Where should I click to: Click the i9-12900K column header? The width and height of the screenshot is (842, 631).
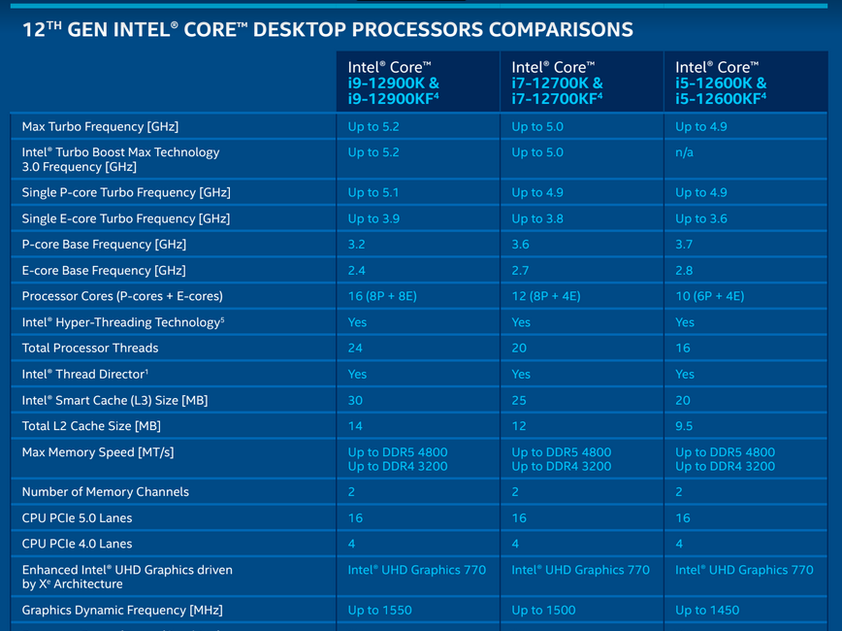pos(394,83)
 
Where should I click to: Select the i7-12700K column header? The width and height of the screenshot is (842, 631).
pos(558,83)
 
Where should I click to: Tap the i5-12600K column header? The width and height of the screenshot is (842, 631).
pos(721,83)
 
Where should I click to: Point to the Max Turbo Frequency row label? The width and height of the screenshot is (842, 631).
pos(100,127)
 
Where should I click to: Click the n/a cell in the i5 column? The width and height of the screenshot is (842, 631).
pos(684,152)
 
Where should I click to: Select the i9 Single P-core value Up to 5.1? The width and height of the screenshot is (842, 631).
pos(373,192)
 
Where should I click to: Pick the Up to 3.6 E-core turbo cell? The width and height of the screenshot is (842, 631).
pos(701,218)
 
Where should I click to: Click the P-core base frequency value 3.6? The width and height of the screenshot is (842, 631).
pos(520,245)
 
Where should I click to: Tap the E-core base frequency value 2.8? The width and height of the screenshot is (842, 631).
pos(684,270)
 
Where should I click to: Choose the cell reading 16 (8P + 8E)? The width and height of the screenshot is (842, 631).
pos(382,296)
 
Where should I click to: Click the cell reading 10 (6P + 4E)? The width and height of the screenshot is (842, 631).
pos(710,296)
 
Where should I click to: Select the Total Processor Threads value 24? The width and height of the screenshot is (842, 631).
pos(355,349)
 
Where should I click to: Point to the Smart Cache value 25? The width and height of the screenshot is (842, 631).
pos(519,400)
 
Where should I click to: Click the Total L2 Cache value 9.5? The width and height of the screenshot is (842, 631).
pos(684,426)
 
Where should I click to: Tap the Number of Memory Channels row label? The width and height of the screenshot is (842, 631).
pos(105,492)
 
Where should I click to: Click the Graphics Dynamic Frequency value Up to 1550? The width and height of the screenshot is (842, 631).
pos(379,611)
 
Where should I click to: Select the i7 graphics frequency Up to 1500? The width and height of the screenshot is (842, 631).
pos(543,611)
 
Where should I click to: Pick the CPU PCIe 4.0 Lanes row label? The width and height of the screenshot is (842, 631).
pos(77,544)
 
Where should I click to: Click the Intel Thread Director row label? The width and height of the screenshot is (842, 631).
pos(84,374)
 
